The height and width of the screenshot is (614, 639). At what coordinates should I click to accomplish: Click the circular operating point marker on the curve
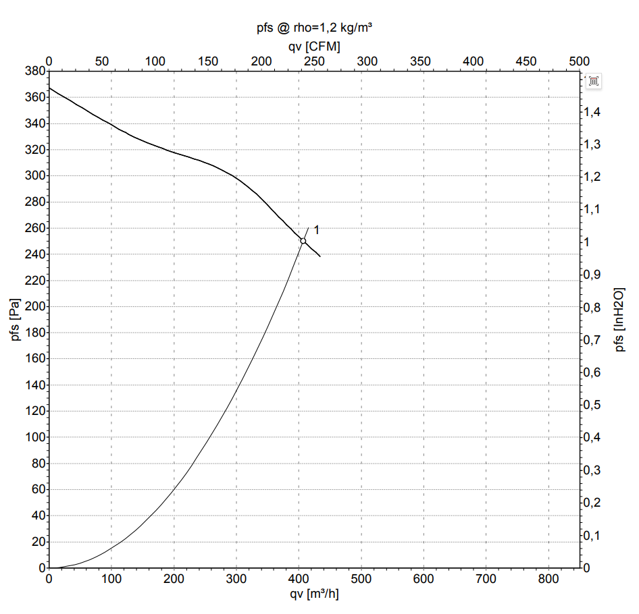[303, 241]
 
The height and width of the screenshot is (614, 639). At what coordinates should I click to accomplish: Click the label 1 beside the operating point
[317, 230]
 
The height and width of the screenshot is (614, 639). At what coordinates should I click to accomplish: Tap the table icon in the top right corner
[593, 81]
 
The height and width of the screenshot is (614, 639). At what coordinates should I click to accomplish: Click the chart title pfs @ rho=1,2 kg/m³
[314, 28]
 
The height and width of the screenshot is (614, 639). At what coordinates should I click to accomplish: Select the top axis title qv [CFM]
[314, 47]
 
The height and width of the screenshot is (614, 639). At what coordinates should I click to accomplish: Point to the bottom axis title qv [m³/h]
[314, 594]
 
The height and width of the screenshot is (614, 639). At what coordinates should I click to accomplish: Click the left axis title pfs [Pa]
[15, 320]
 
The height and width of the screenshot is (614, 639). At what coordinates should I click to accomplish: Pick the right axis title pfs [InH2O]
[619, 320]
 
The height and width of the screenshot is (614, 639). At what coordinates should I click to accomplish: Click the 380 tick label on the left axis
[35, 71]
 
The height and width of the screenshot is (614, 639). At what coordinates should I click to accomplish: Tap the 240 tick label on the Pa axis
[35, 254]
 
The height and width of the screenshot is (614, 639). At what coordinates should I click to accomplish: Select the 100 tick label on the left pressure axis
[35, 437]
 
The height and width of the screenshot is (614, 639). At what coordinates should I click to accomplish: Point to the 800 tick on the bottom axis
[548, 579]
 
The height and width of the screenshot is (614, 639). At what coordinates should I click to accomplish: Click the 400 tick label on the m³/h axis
[299, 579]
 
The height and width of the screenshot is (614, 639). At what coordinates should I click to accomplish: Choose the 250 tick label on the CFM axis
[314, 61]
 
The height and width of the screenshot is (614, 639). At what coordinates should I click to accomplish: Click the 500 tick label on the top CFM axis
[579, 61]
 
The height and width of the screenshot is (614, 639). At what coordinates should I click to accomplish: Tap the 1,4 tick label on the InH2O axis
[592, 111]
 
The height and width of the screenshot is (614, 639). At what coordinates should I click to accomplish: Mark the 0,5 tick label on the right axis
[592, 405]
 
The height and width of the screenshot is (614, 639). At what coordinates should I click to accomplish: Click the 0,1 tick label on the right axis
[592, 536]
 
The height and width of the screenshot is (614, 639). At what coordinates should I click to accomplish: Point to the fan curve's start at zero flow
[49, 88]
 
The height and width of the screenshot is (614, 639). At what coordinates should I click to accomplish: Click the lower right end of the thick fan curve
[320, 256]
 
